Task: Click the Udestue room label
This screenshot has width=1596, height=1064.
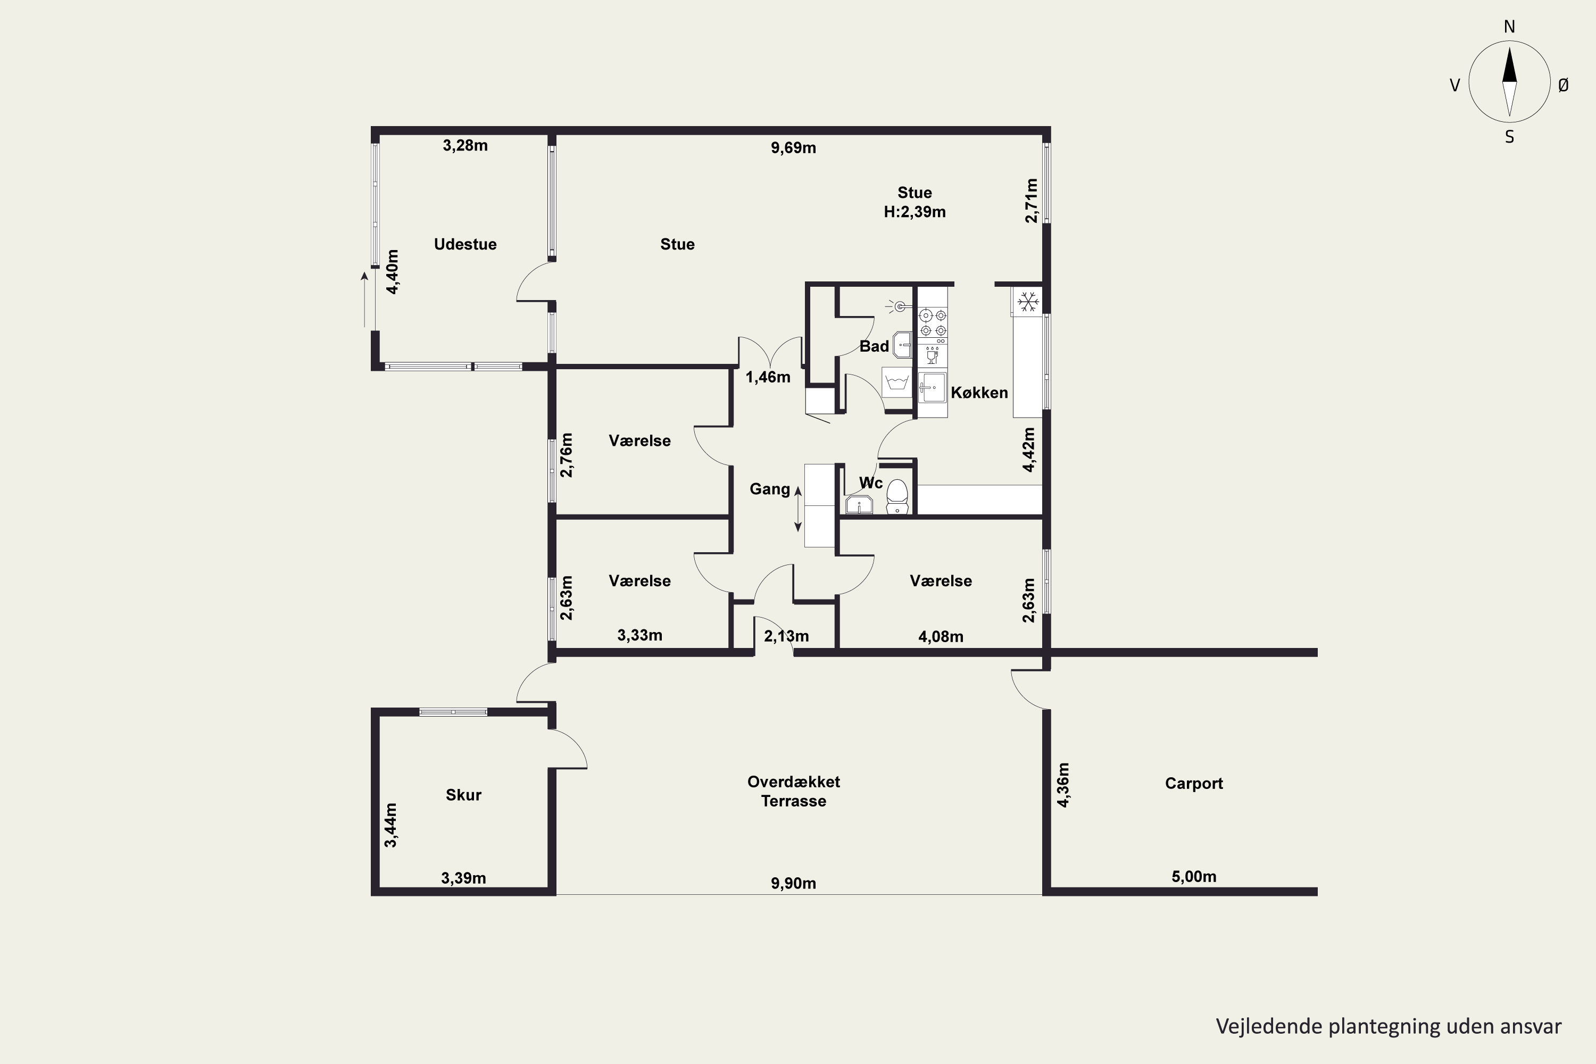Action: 465,244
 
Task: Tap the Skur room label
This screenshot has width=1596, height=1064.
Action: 463,795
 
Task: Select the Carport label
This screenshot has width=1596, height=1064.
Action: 1194,783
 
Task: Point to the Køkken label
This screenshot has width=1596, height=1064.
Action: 979,392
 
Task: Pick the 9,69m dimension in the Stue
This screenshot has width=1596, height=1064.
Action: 793,148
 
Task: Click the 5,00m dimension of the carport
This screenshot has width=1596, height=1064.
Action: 1194,876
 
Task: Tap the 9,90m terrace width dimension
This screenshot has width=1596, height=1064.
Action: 793,883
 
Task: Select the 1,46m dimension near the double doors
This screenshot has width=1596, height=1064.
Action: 768,377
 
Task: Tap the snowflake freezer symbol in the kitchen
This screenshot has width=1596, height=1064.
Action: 1028,301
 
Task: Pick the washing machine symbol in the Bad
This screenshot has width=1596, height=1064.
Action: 897,383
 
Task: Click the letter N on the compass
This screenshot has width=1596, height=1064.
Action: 1509,27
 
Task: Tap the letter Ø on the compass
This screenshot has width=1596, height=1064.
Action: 1564,85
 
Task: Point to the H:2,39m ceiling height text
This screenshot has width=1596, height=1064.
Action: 914,212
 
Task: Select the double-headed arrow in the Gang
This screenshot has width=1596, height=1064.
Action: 798,509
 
